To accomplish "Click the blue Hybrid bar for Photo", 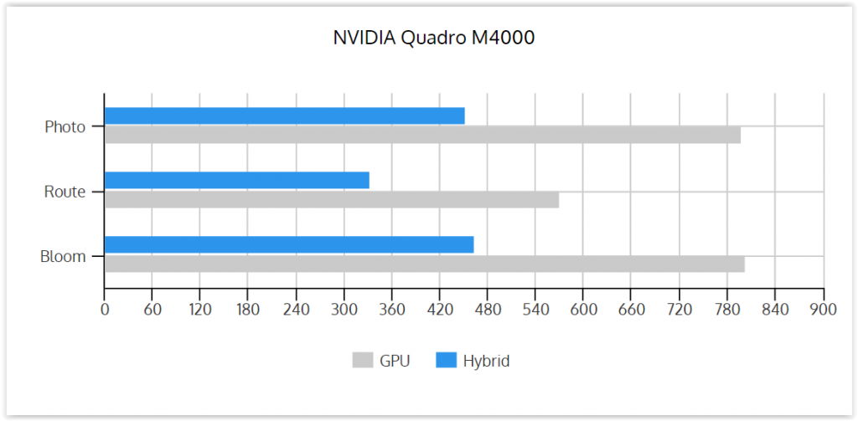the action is (285, 116).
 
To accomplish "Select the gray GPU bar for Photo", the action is (422, 135).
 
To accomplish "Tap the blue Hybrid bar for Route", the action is (237, 181).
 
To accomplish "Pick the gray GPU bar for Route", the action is (332, 199).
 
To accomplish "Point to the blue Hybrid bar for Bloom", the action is (289, 244).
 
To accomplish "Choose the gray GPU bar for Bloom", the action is (425, 264).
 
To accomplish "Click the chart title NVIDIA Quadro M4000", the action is (434, 38).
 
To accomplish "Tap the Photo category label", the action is (65, 127).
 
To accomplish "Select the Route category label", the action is (65, 192).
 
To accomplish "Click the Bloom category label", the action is (63, 256).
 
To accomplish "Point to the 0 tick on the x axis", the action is (104, 310).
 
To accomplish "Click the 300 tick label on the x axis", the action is (344, 310).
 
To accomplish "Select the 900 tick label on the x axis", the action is (824, 310).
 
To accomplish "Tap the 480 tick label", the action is (488, 310).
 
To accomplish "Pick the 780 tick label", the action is (727, 310).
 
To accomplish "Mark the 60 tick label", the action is (152, 310).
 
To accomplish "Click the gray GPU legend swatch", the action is (362, 360).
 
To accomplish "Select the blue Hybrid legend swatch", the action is (446, 360).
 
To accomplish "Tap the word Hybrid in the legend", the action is (487, 362).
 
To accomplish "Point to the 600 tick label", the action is (583, 310).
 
